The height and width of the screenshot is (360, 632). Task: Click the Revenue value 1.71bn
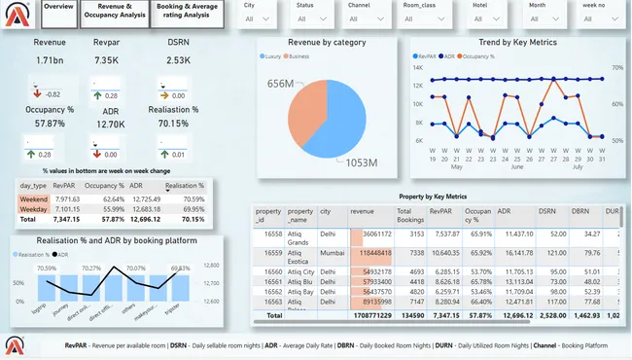tap(51, 61)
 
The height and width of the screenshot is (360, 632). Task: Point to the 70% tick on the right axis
tap(617, 67)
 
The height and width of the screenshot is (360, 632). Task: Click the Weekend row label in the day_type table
tap(34, 198)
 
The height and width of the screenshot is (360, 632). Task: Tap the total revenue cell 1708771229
tap(366, 315)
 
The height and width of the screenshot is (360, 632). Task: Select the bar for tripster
tap(180, 287)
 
